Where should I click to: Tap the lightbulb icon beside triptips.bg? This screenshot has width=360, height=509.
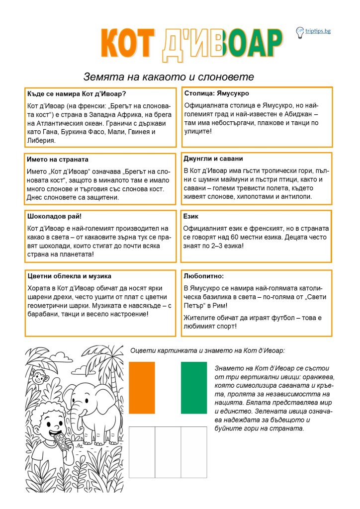(x=300, y=32)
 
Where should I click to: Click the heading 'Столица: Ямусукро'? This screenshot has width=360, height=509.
(x=217, y=93)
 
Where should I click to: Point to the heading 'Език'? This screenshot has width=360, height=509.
(x=191, y=216)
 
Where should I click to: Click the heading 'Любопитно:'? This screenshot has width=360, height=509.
(x=204, y=275)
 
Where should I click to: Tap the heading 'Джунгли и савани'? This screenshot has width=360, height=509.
(x=213, y=159)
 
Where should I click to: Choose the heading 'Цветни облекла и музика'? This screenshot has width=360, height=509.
(x=70, y=275)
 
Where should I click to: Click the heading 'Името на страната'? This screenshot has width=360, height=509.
(x=58, y=160)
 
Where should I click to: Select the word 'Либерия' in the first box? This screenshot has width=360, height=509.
(x=42, y=141)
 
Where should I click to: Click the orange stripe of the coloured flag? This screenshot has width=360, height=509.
(x=142, y=388)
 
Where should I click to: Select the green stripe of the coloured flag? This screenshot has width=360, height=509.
(x=194, y=388)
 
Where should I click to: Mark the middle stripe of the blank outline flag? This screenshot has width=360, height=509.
(x=168, y=453)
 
